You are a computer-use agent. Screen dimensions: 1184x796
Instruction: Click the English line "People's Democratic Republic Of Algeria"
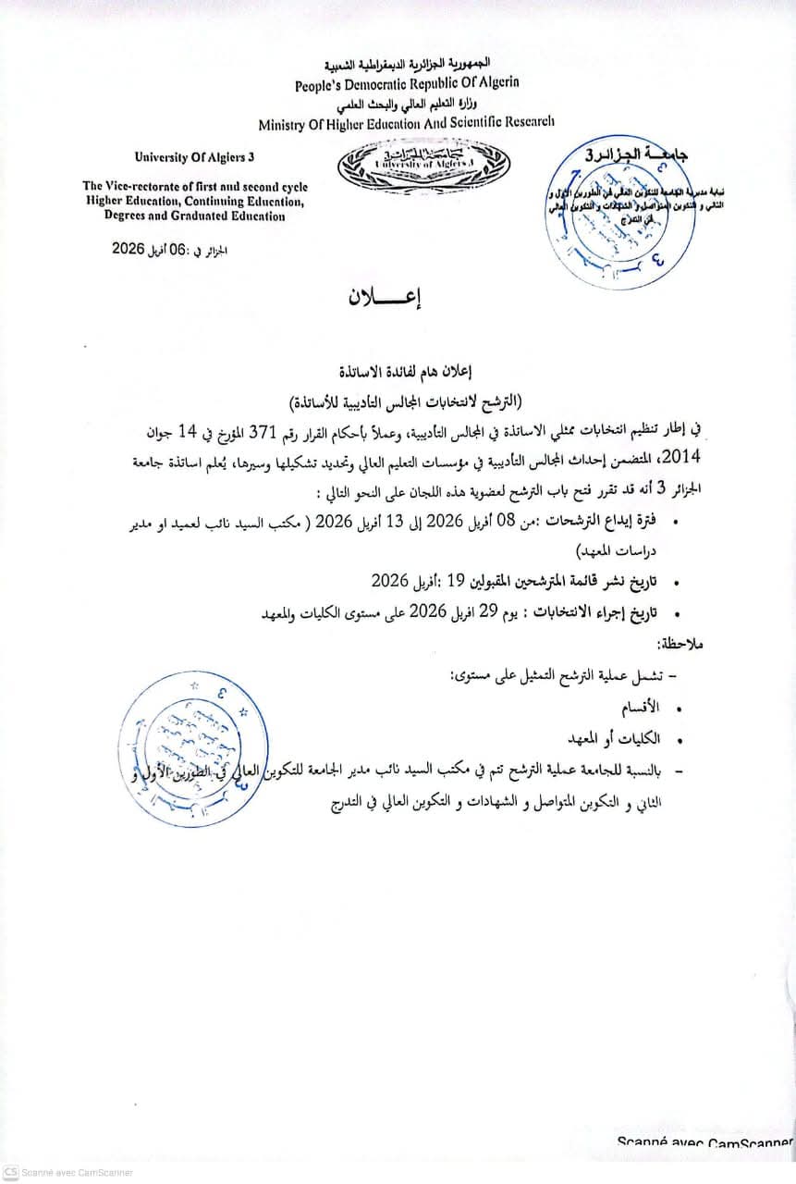click(x=407, y=83)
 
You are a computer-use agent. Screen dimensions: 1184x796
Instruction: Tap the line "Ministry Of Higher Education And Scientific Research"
click(x=407, y=121)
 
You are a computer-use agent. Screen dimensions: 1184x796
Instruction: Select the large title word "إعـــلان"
click(x=383, y=299)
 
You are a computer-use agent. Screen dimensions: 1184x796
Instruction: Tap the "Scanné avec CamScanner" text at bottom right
click(x=705, y=1141)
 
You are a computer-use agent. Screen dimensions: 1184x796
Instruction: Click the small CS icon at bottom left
click(x=11, y=1172)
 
